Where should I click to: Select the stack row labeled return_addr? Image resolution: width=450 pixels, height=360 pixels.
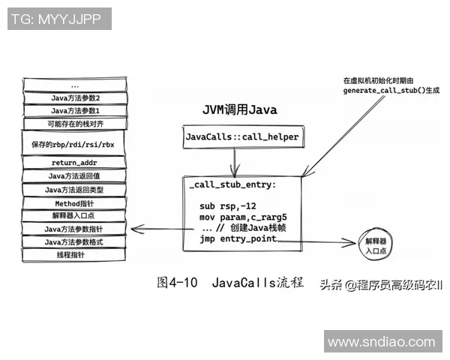[x=74, y=163]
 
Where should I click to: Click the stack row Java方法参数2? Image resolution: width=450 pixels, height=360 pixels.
[x=74, y=97]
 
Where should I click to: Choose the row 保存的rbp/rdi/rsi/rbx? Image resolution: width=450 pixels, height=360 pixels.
[x=74, y=143]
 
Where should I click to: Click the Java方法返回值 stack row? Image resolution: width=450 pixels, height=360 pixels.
[x=74, y=176]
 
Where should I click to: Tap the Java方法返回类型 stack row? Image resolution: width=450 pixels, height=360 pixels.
[x=74, y=190]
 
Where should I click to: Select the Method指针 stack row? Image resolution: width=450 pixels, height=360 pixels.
[x=74, y=203]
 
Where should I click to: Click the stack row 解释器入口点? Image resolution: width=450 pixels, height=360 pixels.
[x=74, y=216]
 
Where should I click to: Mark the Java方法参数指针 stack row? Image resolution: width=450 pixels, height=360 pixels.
[x=74, y=229]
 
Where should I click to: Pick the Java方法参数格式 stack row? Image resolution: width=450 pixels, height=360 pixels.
[x=74, y=242]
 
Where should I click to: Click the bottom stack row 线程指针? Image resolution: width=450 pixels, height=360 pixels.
[x=74, y=255]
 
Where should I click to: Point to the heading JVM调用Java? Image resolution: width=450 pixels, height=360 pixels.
[x=240, y=109]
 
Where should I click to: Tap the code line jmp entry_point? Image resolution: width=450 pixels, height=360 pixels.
[x=238, y=239]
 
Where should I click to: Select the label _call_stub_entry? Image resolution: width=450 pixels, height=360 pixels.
[x=233, y=184]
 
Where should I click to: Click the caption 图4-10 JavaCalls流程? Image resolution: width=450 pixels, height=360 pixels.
[x=230, y=283]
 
